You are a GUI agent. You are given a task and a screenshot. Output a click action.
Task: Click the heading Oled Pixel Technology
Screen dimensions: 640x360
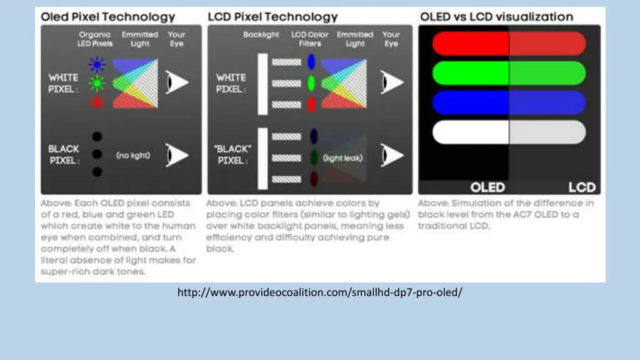(x=108, y=17)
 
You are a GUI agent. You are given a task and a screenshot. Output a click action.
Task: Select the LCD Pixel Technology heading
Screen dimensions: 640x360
(x=272, y=17)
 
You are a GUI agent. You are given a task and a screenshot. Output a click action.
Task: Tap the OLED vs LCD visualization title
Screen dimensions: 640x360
(x=496, y=17)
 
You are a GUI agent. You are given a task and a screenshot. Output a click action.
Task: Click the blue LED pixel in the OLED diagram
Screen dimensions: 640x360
(x=96, y=63)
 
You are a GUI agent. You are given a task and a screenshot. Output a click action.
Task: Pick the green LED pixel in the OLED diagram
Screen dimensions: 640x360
(x=96, y=82)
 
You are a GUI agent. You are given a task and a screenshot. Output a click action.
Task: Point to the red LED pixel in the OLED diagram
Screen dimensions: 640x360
(x=96, y=102)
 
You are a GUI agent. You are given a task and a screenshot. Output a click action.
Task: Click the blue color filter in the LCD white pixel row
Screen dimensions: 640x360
(x=312, y=62)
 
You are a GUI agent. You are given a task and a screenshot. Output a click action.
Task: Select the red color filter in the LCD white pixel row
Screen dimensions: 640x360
(x=312, y=104)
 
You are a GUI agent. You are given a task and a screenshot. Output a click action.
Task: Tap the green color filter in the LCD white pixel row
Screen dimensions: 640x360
(x=312, y=82)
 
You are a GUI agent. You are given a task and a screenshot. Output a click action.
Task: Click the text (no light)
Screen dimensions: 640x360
(x=133, y=154)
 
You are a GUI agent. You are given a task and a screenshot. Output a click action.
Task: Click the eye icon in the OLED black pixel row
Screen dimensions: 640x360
(x=177, y=154)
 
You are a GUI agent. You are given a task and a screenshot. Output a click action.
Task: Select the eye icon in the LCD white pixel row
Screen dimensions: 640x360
(x=391, y=82)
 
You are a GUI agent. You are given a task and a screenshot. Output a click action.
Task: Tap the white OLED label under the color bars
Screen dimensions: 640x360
(x=487, y=187)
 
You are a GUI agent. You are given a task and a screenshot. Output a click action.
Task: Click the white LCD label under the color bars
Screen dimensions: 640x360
(x=582, y=187)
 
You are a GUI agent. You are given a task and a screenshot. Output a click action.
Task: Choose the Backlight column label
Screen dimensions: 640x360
(x=261, y=35)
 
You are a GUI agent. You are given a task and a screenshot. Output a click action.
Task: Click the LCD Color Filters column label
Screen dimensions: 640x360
(x=310, y=39)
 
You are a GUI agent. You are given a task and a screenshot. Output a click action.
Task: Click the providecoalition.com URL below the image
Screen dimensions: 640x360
(x=320, y=292)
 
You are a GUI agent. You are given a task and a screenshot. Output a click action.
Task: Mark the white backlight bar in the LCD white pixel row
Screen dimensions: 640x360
(x=262, y=82)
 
